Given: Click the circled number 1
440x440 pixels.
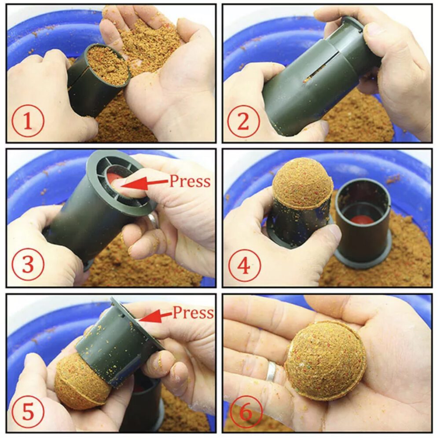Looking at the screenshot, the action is pos(28,121).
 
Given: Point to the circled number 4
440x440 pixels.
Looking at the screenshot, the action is pos(245,265).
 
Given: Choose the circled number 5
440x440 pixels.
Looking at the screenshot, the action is pos(28,412).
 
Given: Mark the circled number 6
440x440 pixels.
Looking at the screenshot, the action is pos(246,412).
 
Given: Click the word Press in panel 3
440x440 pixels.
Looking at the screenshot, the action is pos(190,181).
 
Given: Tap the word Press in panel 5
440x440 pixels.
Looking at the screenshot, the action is pos(193,312).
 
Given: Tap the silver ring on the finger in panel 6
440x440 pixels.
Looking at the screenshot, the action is pos(271,371).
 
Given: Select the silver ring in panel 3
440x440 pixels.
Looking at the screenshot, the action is pos(153,220).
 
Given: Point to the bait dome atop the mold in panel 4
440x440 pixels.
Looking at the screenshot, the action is pos(303,183).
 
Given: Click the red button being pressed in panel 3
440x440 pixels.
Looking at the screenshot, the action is pos(114,179).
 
